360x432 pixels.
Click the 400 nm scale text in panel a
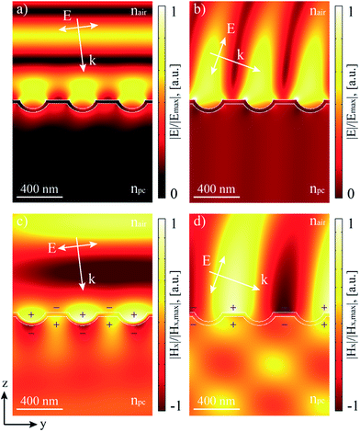[x=43, y=189]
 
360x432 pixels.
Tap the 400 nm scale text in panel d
[x=218, y=401]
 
